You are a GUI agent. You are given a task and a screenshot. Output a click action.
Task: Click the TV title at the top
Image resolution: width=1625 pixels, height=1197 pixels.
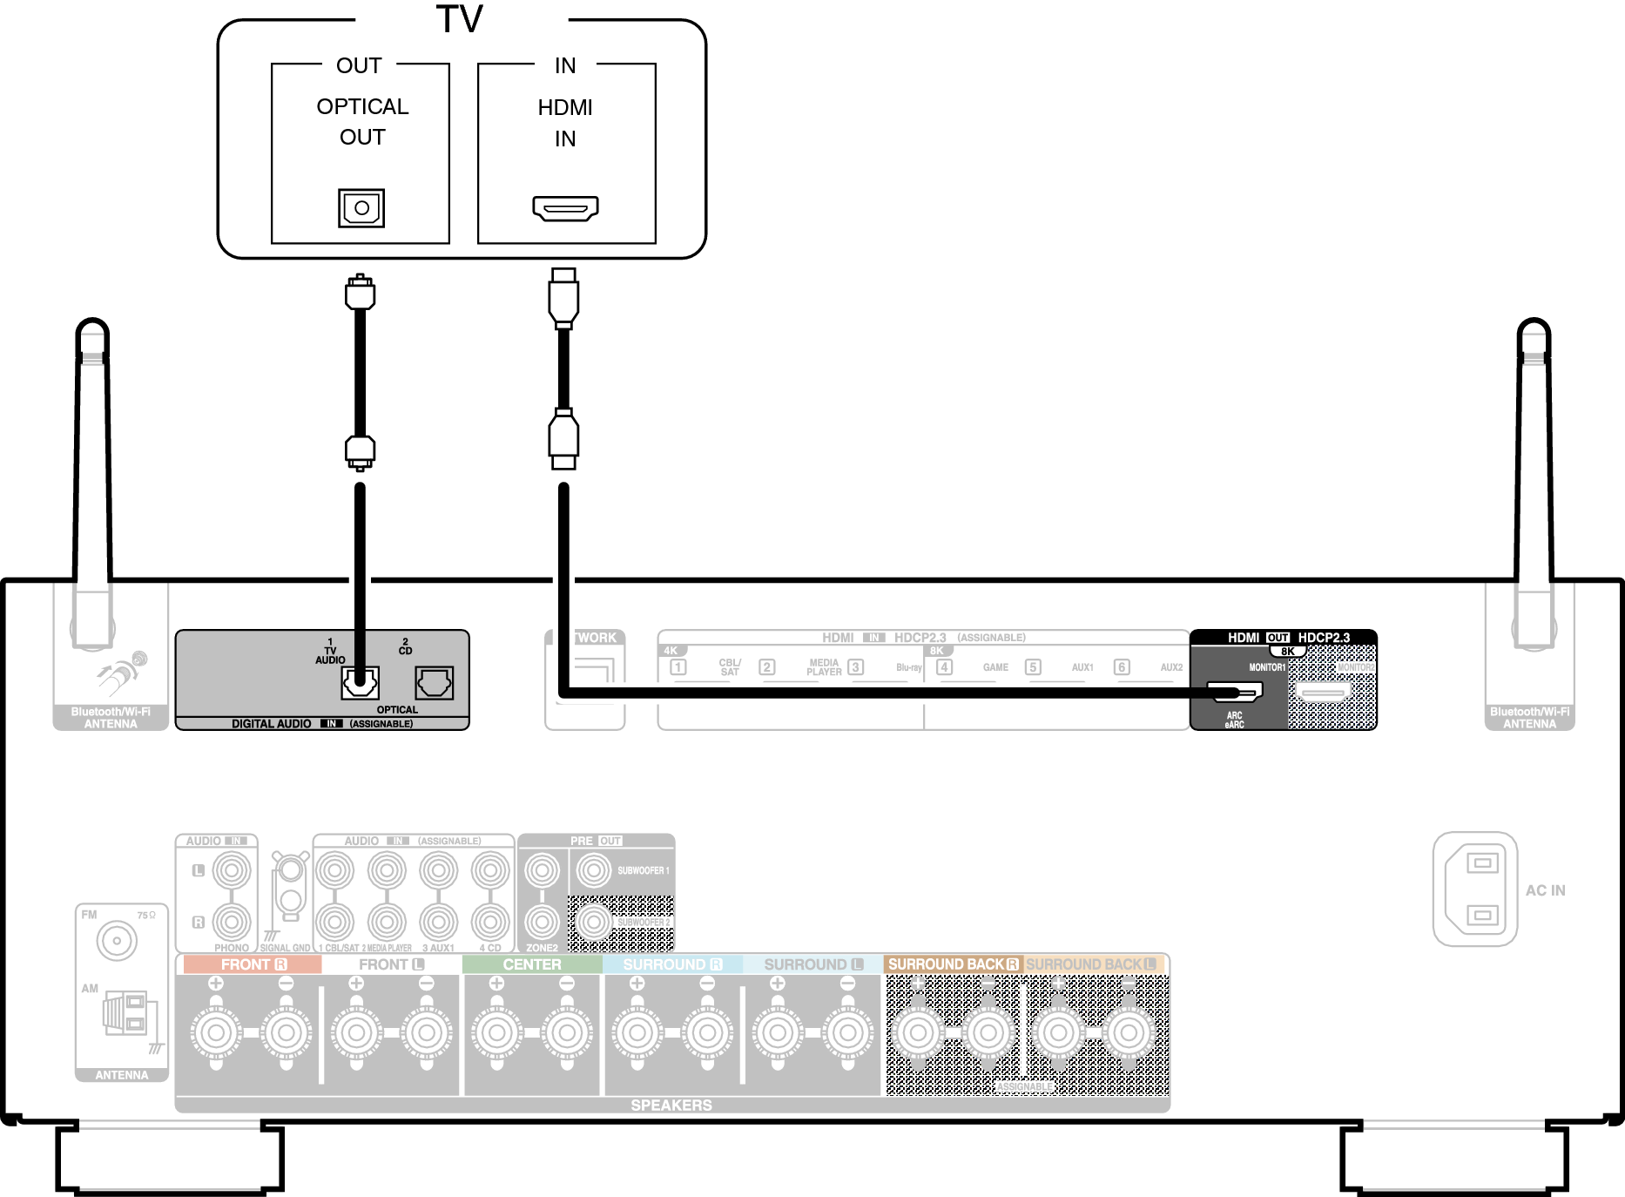[460, 19]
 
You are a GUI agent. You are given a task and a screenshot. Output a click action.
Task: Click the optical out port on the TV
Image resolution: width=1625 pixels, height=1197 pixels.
[361, 208]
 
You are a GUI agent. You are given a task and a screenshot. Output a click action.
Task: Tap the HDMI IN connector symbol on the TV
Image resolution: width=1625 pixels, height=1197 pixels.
[565, 208]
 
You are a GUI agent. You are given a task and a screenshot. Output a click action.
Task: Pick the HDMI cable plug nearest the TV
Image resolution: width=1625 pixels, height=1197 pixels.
[563, 297]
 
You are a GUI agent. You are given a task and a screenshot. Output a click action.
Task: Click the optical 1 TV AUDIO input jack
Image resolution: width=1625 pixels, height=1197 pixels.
[360, 683]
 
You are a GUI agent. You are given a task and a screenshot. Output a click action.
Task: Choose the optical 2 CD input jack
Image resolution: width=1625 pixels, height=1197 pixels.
[434, 683]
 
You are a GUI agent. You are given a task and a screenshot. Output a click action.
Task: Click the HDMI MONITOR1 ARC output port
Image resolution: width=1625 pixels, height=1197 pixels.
[1235, 693]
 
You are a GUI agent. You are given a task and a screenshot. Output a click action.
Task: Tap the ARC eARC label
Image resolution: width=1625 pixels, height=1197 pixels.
[1234, 720]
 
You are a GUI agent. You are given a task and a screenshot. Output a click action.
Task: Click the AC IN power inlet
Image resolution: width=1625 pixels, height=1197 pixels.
[1476, 889]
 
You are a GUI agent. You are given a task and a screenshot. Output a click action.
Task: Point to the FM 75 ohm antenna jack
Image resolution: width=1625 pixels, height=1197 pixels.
[117, 941]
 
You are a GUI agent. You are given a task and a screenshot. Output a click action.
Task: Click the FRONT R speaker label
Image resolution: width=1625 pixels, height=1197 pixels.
[253, 964]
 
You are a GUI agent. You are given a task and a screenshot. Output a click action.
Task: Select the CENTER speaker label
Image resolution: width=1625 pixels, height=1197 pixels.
[532, 964]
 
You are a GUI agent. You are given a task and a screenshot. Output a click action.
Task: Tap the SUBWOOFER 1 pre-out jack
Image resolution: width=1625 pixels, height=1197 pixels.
[594, 869]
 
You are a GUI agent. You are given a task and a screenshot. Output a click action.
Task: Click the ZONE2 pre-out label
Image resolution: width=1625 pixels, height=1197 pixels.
[542, 948]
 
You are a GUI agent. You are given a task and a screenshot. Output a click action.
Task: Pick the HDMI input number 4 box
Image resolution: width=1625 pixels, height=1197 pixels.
[944, 667]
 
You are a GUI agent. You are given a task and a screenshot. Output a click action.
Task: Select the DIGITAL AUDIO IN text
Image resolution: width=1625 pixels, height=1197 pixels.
[272, 724]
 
